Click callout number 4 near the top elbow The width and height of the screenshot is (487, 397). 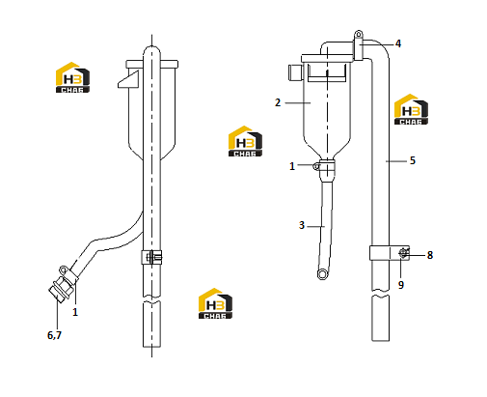point(398,43)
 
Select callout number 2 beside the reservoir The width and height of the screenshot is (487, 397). point(278,102)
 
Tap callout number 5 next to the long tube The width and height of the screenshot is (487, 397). point(413,160)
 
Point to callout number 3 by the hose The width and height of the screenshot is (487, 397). point(302,225)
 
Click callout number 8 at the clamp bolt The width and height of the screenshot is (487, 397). point(430,255)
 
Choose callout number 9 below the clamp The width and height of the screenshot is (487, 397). point(401,285)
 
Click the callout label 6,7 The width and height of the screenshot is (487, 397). point(54,335)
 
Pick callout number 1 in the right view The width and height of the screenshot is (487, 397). point(292,166)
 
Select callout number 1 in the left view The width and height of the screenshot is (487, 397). point(75,312)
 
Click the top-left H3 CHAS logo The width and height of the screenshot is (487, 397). point(72,77)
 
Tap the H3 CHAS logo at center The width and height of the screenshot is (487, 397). point(245,141)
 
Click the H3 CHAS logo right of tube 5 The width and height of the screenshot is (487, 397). point(411,109)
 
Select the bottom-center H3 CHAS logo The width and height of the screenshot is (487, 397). point(215,303)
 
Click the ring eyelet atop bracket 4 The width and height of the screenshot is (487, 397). point(359,34)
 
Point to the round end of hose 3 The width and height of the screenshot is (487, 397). point(322,274)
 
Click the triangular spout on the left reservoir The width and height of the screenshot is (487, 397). point(128,79)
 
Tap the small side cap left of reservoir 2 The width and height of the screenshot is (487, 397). point(295,72)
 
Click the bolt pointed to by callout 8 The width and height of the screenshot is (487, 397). point(403,253)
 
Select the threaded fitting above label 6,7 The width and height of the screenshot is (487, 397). point(61,288)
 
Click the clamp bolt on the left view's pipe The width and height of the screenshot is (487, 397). point(152,257)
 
